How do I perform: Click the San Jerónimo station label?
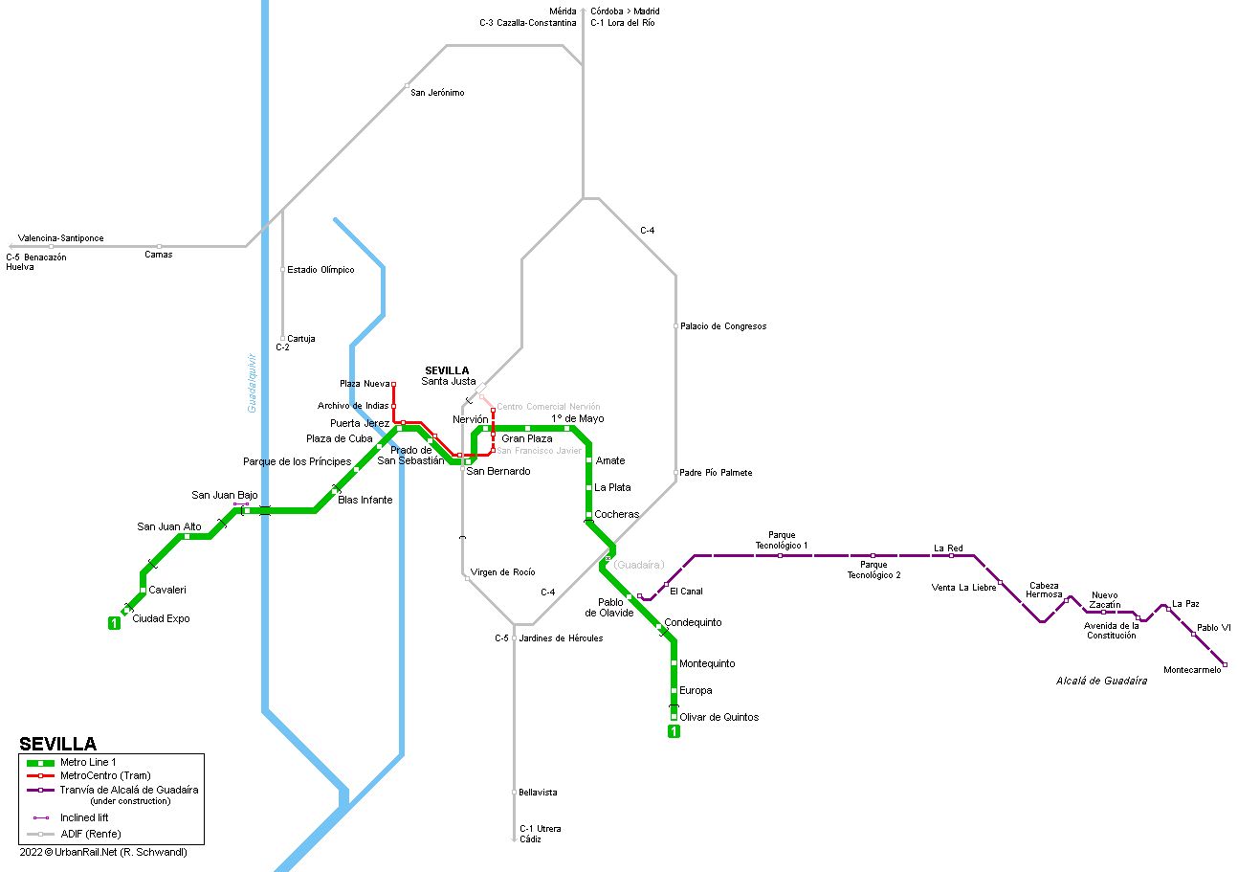click(x=437, y=93)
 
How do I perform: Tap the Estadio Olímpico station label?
click(x=321, y=270)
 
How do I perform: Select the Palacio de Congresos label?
click(x=723, y=326)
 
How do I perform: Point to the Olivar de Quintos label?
click(x=718, y=717)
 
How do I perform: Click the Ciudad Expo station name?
click(x=161, y=618)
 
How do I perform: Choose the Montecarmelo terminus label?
click(x=1192, y=670)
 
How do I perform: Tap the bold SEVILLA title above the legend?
click(x=58, y=744)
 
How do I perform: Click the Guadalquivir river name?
click(x=252, y=383)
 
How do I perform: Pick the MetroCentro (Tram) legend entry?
click(x=105, y=775)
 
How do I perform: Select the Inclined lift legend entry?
click(x=84, y=817)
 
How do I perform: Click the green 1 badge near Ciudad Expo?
click(x=114, y=623)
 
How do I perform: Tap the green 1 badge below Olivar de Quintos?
click(x=674, y=731)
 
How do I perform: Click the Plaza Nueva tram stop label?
click(x=365, y=384)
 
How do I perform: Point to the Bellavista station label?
click(x=538, y=793)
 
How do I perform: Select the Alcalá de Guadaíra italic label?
click(x=1101, y=682)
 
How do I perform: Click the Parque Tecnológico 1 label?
click(x=782, y=540)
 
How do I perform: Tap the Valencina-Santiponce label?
click(x=61, y=238)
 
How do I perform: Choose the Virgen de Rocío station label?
click(x=502, y=572)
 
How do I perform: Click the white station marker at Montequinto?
click(x=674, y=663)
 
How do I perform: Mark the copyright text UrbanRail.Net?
click(x=86, y=852)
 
